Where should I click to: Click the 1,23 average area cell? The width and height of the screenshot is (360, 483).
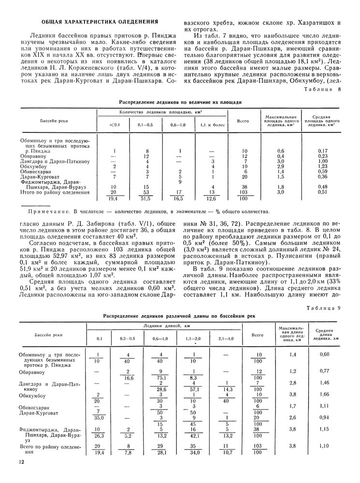point(323,166)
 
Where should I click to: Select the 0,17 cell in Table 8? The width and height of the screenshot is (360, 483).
point(323,151)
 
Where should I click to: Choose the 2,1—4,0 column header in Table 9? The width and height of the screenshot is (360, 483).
point(226,339)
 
